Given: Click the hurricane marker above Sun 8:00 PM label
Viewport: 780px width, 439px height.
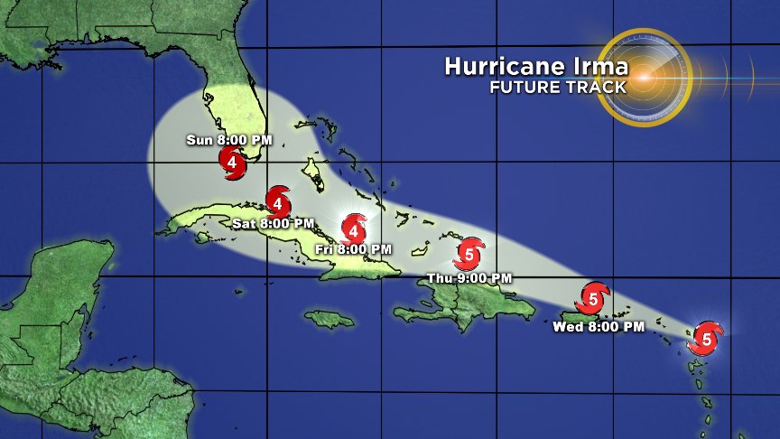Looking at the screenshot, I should point(233,163).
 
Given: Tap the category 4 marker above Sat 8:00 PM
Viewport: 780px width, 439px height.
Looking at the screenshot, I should point(278,199).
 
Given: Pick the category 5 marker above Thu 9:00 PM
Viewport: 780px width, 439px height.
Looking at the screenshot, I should point(469,253).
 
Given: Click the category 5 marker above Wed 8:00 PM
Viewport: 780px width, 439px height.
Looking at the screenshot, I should point(594,297).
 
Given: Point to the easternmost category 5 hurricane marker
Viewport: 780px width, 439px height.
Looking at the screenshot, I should point(706,339).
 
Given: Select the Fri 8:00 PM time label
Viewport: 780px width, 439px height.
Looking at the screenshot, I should point(354,248).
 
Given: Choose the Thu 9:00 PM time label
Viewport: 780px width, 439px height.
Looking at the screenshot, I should point(469,277).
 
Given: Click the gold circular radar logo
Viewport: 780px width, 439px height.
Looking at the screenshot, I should point(644,77).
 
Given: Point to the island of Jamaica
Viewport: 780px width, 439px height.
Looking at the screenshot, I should point(330,319).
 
